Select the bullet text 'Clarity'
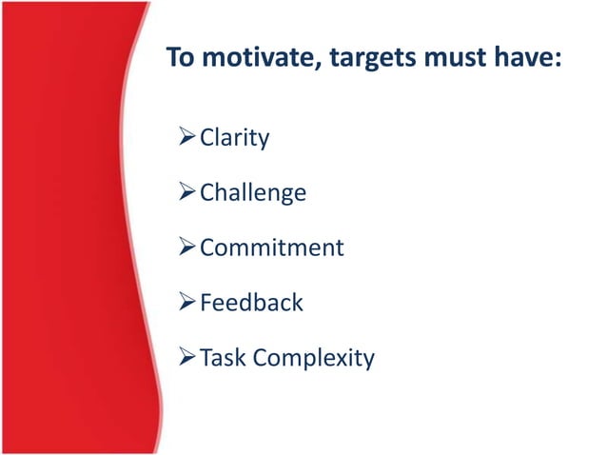234,138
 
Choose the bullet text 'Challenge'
252,193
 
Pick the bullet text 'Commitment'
271,248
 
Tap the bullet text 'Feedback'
251,304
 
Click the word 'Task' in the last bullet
222,359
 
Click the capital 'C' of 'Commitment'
207,248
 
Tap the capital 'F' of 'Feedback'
206,304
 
